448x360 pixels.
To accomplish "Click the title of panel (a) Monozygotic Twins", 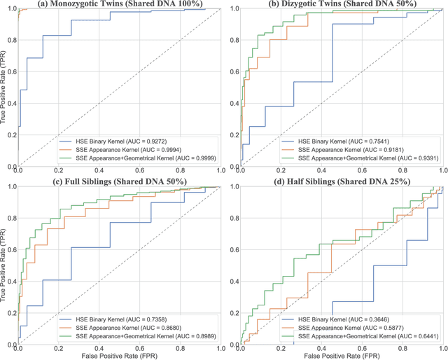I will point(120,4).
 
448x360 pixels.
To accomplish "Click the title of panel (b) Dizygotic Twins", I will point(336,4).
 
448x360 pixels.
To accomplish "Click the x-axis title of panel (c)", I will point(120,355).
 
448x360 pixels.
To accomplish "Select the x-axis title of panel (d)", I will point(336,355).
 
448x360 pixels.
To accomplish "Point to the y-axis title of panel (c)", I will point(5,266).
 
